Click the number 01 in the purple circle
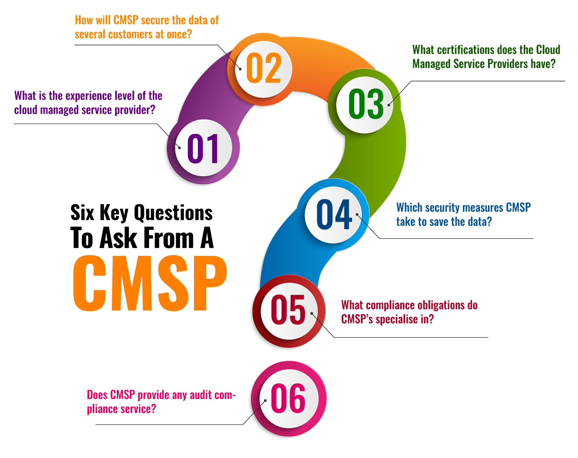tap(203, 148)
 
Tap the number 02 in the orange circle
tap(263, 68)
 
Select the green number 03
tap(366, 104)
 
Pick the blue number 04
tap(334, 215)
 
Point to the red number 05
tap(288, 310)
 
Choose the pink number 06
tap(288, 398)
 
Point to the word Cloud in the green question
tap(548, 50)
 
